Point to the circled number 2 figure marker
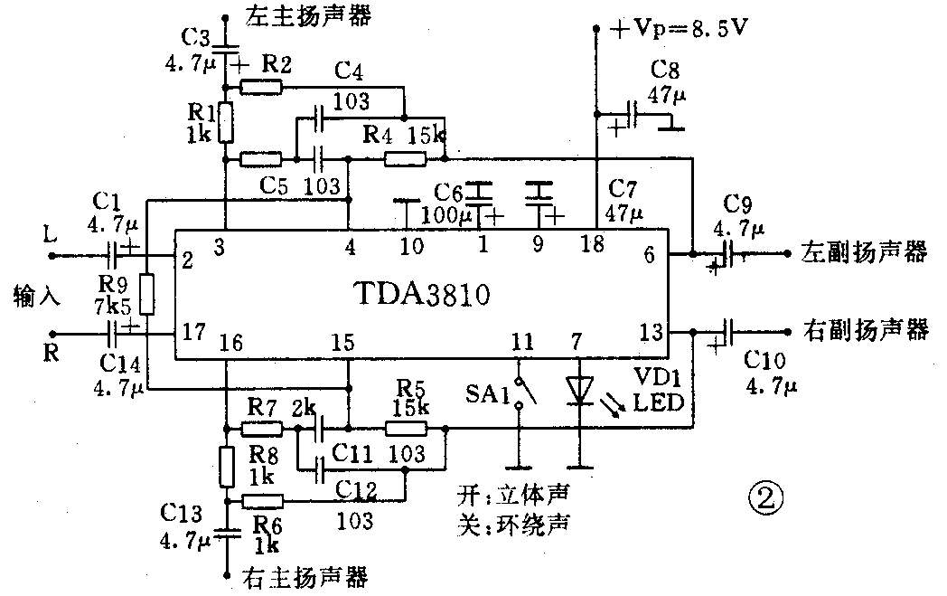click(764, 497)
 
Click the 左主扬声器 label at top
click(302, 15)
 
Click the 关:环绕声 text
click(515, 522)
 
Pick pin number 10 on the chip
click(412, 243)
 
